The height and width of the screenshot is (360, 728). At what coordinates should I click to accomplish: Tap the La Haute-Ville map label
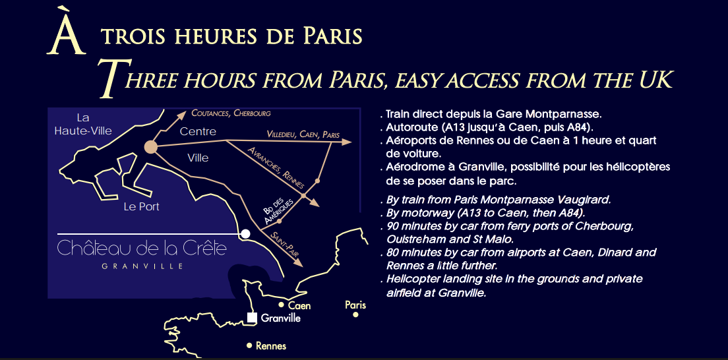pos(83,124)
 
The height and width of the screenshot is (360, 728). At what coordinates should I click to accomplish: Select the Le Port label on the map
pos(142,206)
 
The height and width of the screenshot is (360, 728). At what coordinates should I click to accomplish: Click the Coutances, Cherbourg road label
pos(231,113)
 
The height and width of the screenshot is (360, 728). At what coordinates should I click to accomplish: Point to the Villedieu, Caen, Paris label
pos(303,135)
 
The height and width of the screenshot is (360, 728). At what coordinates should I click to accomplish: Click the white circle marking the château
pos(245,234)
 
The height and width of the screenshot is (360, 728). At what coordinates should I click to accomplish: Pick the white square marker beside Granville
pos(252,318)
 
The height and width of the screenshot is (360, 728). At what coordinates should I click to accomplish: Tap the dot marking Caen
pos(282,305)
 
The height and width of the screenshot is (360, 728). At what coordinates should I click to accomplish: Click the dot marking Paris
pos(355,315)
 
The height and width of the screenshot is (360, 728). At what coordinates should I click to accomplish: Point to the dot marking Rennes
pos(249,345)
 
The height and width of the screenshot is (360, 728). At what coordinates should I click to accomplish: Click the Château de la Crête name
pos(142,249)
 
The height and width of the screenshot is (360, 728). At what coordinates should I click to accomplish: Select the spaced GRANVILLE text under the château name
pos(142,266)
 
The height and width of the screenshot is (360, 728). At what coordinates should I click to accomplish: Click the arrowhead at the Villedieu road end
pos(348,141)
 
